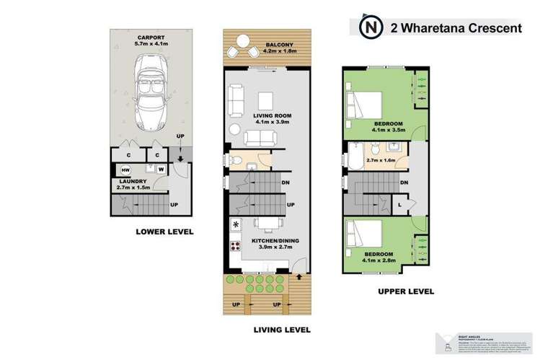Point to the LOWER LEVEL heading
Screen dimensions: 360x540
pos(165,232)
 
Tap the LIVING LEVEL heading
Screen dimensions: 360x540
pos(280,330)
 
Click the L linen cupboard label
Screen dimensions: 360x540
pos(399,205)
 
